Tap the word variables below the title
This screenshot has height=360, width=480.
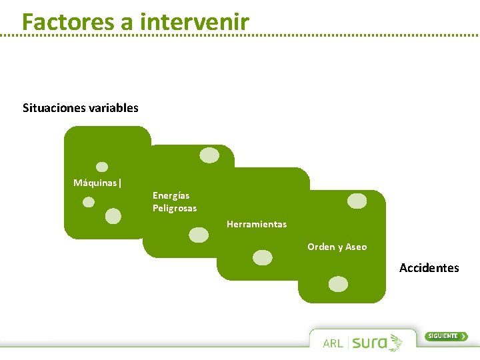(115, 107)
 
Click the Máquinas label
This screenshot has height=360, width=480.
(95, 183)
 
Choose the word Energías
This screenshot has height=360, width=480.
(171, 195)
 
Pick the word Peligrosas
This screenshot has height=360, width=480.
(175, 208)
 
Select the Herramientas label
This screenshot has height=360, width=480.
(257, 224)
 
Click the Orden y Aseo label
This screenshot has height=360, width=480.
(337, 247)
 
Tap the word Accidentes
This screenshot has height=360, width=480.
(429, 268)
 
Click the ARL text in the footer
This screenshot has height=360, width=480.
(333, 343)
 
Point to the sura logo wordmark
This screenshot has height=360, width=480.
(370, 343)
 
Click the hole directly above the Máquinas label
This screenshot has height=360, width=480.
(102, 167)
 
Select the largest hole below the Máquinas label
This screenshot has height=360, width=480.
(113, 216)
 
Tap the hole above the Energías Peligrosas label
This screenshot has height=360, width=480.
(209, 155)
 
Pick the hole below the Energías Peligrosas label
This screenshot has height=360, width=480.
(199, 235)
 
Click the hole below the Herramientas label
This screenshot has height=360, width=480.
(263, 257)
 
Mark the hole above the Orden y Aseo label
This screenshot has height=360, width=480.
(357, 201)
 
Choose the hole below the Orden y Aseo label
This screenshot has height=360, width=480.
(339, 284)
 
